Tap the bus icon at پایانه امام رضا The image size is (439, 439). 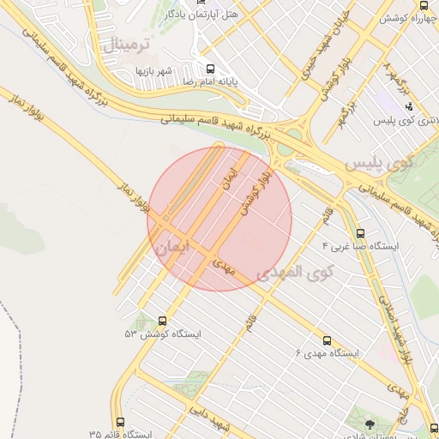pyautogui.click(x=209, y=68)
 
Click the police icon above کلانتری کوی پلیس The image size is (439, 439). pyautogui.click(x=409, y=107)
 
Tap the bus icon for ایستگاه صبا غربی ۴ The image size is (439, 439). pyautogui.click(x=360, y=232)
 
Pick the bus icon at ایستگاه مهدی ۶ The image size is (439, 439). pyautogui.click(x=326, y=340)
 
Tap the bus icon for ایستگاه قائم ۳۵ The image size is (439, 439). pyautogui.click(x=120, y=423)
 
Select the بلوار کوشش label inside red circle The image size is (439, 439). pyautogui.click(x=255, y=193)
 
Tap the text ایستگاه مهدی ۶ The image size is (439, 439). pyautogui.click(x=327, y=353)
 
